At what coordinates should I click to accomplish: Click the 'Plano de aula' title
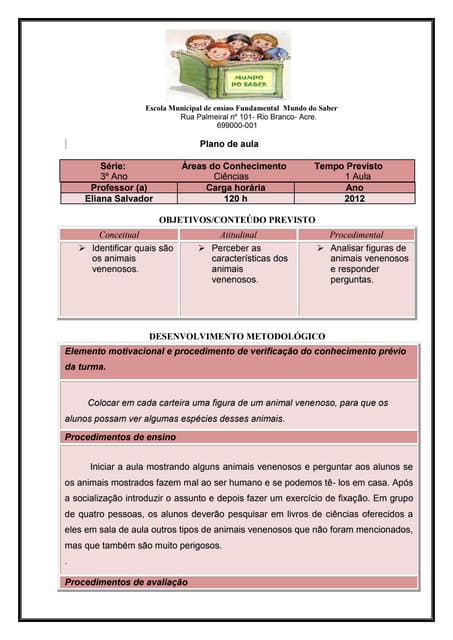[x=230, y=144]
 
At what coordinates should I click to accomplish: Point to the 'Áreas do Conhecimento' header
[x=234, y=165]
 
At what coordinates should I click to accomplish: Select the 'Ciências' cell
[x=234, y=176]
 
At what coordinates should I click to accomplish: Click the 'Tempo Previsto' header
[x=348, y=165]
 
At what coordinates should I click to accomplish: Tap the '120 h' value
[x=235, y=199]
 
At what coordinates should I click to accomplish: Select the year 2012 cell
[x=354, y=199]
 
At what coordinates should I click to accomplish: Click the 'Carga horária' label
[x=233, y=187]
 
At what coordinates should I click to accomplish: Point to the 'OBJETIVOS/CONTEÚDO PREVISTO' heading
[x=237, y=218]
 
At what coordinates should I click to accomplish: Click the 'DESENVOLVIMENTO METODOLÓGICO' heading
[x=237, y=336]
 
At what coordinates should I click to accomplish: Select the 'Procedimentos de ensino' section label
[x=120, y=437]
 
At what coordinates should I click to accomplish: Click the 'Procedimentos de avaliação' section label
[x=125, y=582]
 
